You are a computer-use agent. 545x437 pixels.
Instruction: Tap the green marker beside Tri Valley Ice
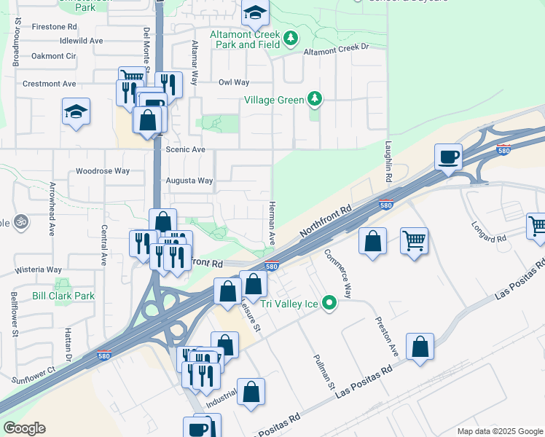[x=329, y=302]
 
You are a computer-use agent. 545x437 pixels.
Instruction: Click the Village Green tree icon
[x=314, y=98]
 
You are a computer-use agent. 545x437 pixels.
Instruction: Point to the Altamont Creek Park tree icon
[x=291, y=38]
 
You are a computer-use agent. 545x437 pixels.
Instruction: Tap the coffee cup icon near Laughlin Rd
[x=447, y=156]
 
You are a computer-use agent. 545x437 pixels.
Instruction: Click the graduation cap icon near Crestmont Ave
[x=76, y=111]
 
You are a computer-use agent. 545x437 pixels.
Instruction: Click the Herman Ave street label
[x=271, y=223]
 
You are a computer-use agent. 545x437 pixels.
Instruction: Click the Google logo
[x=24, y=428]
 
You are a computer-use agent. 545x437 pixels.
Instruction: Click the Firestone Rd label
[x=54, y=26]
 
